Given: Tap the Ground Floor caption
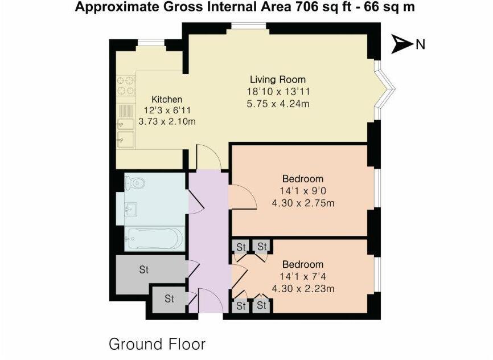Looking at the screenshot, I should point(157,344).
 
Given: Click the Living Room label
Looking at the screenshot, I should point(278,80).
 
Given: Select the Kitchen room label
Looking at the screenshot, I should point(166,99).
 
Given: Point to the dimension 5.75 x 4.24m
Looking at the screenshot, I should point(278,103).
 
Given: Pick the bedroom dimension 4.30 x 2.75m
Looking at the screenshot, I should point(303,203).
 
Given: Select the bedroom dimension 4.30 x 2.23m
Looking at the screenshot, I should point(303,288).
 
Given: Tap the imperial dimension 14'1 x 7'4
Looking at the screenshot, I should point(303,276).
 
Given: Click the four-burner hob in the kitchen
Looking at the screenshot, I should point(126,85).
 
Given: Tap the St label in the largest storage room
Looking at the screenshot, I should point(144,270).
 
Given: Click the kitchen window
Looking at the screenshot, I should point(151,42).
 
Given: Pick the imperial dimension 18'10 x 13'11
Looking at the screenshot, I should point(278,91).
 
